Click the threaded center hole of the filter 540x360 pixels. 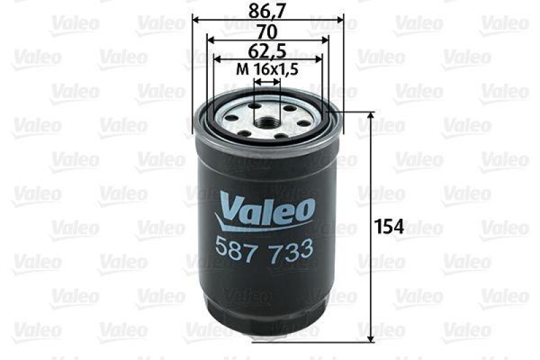pyautogui.click(x=265, y=122)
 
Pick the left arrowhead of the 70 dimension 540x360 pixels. pyautogui.click(x=207, y=40)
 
